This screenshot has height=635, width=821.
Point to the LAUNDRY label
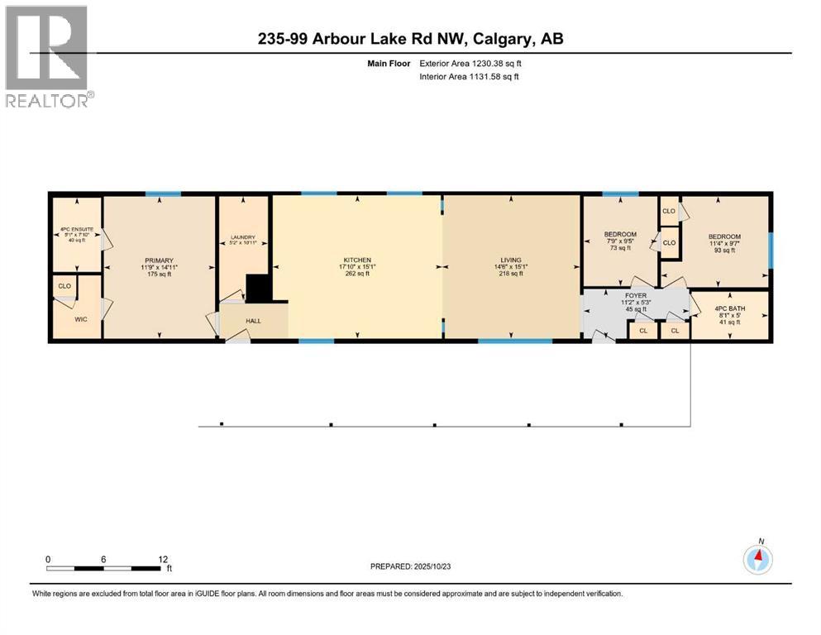point(243,238)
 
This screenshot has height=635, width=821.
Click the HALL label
point(253,322)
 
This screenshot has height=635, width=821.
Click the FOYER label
point(635,294)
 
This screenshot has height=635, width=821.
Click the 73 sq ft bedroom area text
point(620,248)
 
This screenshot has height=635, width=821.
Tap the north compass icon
point(757,559)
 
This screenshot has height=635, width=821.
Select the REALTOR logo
point(47,56)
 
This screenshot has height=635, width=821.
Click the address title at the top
point(410,38)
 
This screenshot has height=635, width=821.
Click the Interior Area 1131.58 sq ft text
point(470,77)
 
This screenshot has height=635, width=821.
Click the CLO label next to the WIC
point(64,286)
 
